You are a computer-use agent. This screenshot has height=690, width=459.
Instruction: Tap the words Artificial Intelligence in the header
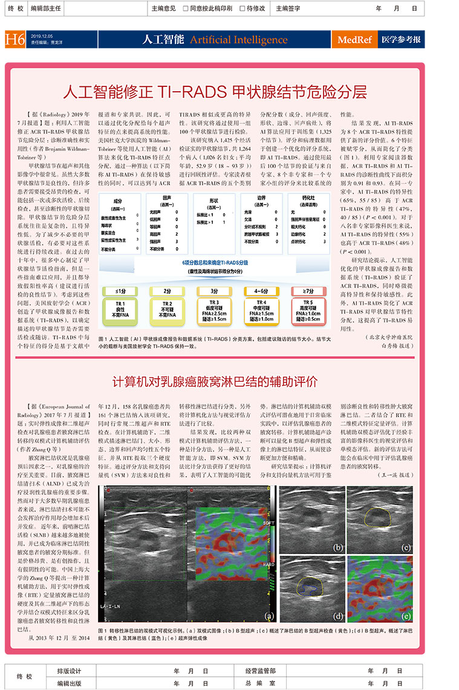(x=238, y=40)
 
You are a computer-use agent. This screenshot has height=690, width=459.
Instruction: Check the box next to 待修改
(x=241, y=8)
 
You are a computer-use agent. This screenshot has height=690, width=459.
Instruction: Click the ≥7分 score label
(x=310, y=291)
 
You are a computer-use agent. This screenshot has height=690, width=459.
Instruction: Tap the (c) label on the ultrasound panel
(x=406, y=547)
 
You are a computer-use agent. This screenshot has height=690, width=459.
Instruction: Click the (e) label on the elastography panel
(x=406, y=616)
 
